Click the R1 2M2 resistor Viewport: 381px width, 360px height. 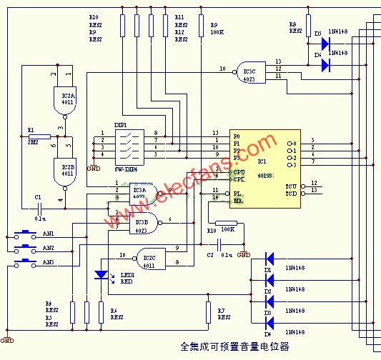pyautogui.click(x=40, y=136)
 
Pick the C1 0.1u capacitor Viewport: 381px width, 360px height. pyautogui.click(x=41, y=208)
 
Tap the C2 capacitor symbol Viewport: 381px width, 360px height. pyautogui.click(x=211, y=246)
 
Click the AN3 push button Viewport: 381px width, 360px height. pyautogui.click(x=26, y=263)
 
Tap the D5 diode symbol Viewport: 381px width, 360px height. pyautogui.click(x=325, y=44)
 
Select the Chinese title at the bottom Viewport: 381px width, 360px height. pyautogui.click(x=236, y=347)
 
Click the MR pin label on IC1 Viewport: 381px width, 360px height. pyautogui.click(x=237, y=201)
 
